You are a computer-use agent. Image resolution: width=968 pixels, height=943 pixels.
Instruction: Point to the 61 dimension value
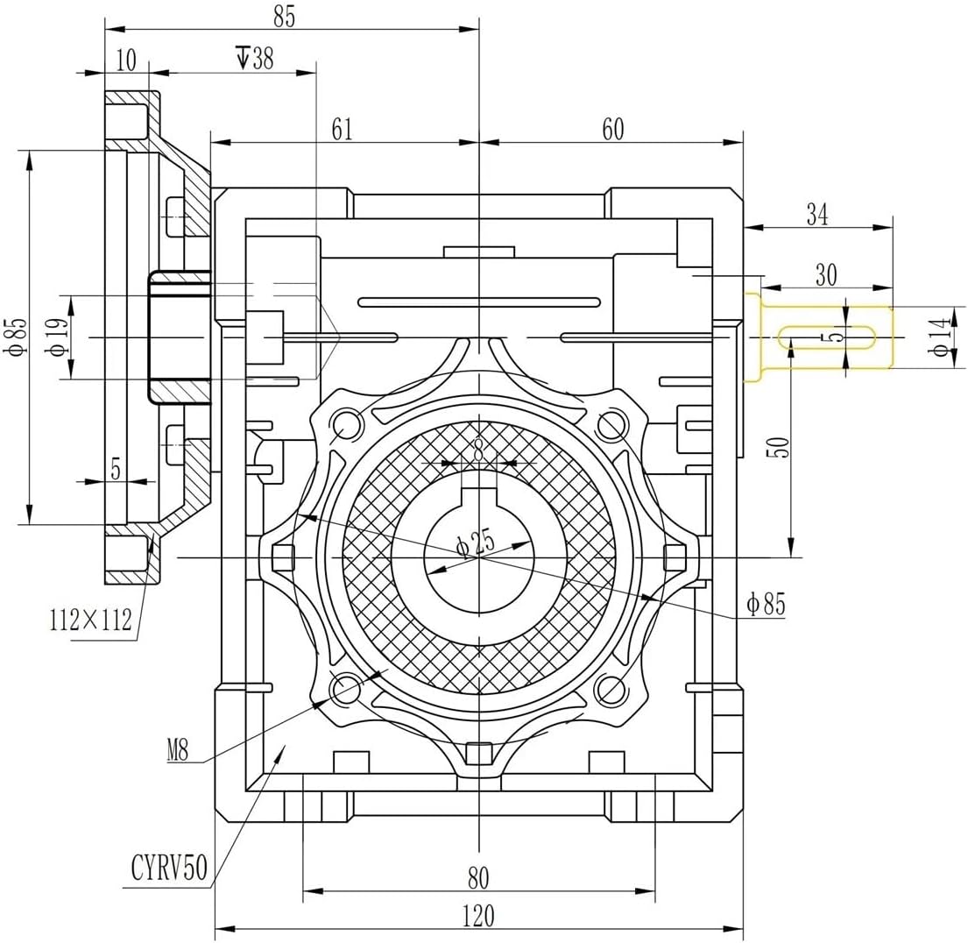coord(342,129)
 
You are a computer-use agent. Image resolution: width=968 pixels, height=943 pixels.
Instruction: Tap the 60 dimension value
coord(612,129)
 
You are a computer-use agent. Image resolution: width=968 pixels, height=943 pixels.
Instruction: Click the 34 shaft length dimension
coord(816,215)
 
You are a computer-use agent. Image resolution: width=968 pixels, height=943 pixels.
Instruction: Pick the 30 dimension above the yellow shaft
coord(824,274)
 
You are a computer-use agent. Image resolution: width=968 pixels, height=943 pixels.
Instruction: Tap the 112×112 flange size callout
coord(90,620)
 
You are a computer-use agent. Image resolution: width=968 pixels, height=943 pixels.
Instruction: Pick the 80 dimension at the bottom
coord(478,877)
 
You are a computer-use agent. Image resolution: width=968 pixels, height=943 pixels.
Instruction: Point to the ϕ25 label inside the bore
coord(476,544)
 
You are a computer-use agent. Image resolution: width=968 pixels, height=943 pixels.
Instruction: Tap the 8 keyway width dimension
coord(478,449)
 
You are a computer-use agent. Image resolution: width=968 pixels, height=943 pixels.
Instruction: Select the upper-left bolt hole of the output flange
coord(348,424)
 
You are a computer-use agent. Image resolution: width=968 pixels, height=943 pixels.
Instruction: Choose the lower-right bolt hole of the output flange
coord(610,689)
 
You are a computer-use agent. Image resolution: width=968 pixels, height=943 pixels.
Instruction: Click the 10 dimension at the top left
coord(126,60)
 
